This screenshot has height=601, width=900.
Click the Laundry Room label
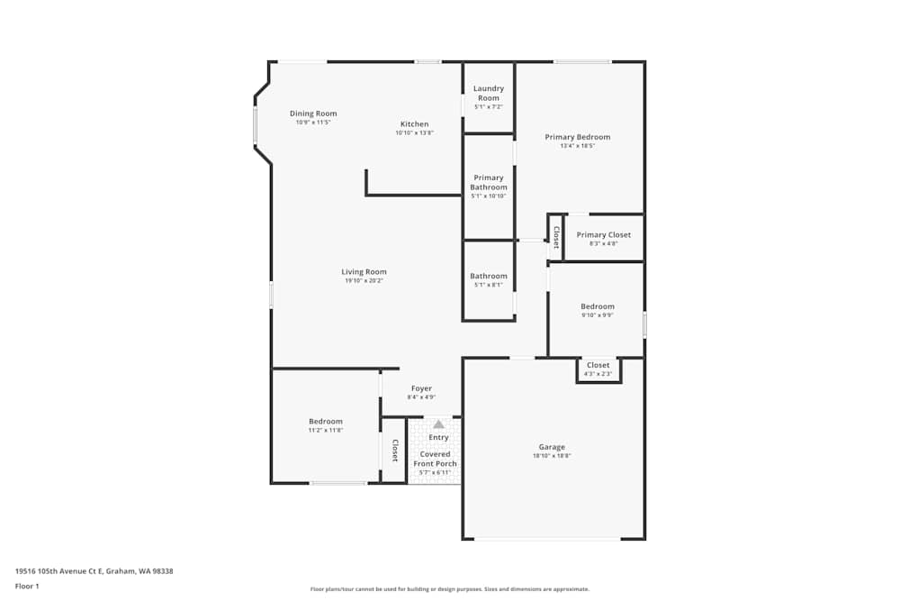489,93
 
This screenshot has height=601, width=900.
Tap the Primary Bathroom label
489,182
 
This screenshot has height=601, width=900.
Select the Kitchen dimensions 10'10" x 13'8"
414,133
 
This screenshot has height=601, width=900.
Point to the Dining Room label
313,114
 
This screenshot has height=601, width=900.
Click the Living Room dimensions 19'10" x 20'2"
364,281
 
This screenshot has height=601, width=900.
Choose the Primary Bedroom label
577,137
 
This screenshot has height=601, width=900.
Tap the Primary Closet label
603,234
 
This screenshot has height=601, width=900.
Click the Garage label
552,447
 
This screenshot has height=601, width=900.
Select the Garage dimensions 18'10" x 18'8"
552,457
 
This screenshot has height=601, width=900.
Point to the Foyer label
421,388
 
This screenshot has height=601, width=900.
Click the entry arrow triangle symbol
438,423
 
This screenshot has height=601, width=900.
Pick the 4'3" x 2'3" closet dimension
598,374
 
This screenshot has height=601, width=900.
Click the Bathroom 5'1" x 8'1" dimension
488,286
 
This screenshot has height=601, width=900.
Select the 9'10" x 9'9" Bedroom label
597,306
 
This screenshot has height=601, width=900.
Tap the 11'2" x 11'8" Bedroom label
325,421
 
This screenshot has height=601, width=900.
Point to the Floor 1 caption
27,586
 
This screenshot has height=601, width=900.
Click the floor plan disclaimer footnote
450,588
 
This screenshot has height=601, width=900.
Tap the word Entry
438,437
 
